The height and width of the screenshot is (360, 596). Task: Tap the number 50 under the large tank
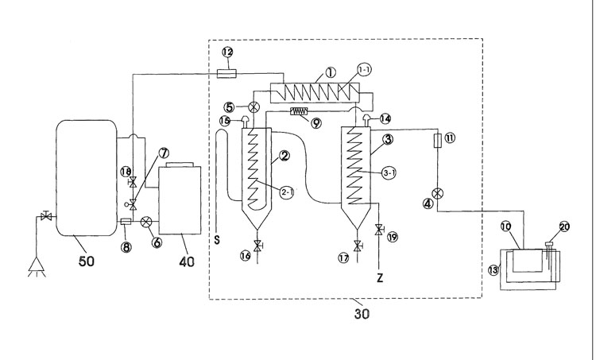click(86, 261)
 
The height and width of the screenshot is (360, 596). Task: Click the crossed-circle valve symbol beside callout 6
click(145, 222)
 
